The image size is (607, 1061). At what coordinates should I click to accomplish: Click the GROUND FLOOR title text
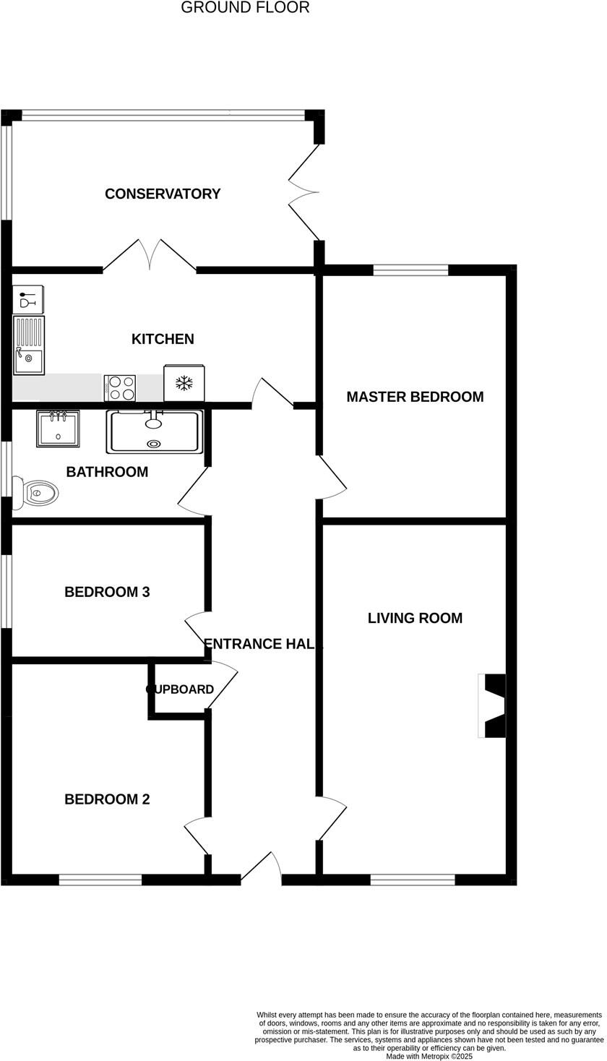tap(245, 8)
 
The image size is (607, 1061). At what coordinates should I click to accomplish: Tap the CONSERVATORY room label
tap(163, 194)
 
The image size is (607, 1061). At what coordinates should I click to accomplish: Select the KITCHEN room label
tap(163, 339)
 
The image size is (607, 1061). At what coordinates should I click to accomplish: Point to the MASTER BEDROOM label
tap(415, 397)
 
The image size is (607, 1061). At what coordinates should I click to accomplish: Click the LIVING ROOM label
tap(415, 618)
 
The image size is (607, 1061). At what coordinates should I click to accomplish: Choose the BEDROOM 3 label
tap(107, 592)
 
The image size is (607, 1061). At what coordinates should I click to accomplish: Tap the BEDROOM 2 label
tap(107, 799)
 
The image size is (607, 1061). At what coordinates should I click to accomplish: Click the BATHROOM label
tap(107, 472)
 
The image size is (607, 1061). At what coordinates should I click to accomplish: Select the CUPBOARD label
tap(180, 690)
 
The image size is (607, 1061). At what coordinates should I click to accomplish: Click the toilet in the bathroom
tap(38, 493)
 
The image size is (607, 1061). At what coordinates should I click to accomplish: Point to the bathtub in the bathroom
tap(154, 431)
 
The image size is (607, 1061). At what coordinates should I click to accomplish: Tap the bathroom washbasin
tap(58, 429)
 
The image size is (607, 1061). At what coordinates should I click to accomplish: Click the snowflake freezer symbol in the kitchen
tap(184, 383)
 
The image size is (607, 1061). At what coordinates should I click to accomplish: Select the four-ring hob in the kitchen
tap(120, 388)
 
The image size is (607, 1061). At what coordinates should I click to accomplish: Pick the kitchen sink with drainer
tap(29, 345)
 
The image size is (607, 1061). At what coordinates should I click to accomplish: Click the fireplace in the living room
tap(493, 706)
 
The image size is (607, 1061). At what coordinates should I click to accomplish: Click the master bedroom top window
tap(410, 270)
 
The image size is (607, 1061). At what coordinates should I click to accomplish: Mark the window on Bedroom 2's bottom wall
tap(100, 880)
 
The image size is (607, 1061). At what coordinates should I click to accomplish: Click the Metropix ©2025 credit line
tap(429, 1056)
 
